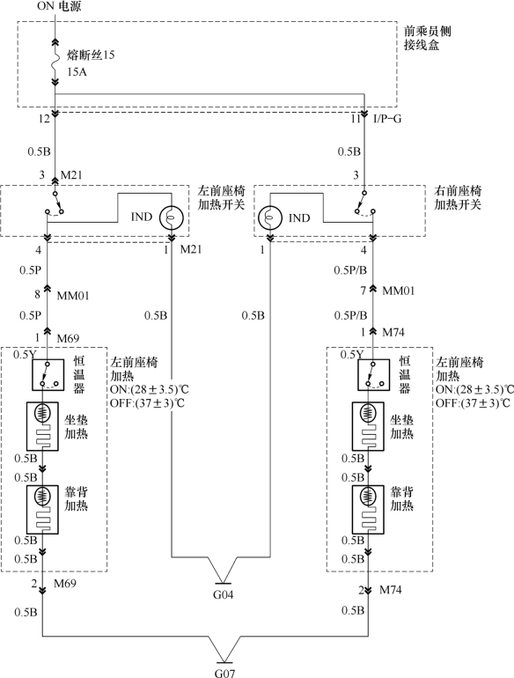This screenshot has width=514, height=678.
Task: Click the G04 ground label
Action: point(223,594)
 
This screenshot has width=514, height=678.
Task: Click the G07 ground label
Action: point(224,673)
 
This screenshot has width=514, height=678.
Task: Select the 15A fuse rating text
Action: point(77,72)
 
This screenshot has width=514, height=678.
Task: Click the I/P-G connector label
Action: point(387,119)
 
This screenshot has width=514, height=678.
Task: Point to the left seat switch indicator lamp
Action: point(172,217)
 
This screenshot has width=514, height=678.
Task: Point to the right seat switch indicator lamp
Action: point(270,217)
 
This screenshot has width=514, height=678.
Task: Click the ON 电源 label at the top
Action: point(59,6)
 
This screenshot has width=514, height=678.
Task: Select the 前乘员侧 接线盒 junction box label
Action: point(428,38)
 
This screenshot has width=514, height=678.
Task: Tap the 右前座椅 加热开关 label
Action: point(458,197)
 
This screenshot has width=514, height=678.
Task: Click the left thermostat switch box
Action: point(48,374)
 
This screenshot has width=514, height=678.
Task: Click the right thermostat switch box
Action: point(373,374)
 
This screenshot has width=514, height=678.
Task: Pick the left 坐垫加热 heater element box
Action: point(42,426)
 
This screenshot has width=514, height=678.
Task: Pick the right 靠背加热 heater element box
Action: point(368,509)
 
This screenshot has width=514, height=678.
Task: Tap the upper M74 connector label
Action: point(393,332)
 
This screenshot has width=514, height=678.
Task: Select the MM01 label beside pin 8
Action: point(73,296)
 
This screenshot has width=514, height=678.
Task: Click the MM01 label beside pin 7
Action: point(399,291)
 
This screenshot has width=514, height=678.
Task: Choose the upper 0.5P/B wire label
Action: point(350,270)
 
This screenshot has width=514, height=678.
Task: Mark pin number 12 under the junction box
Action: point(44,119)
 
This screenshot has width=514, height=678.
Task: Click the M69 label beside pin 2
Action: point(65,583)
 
